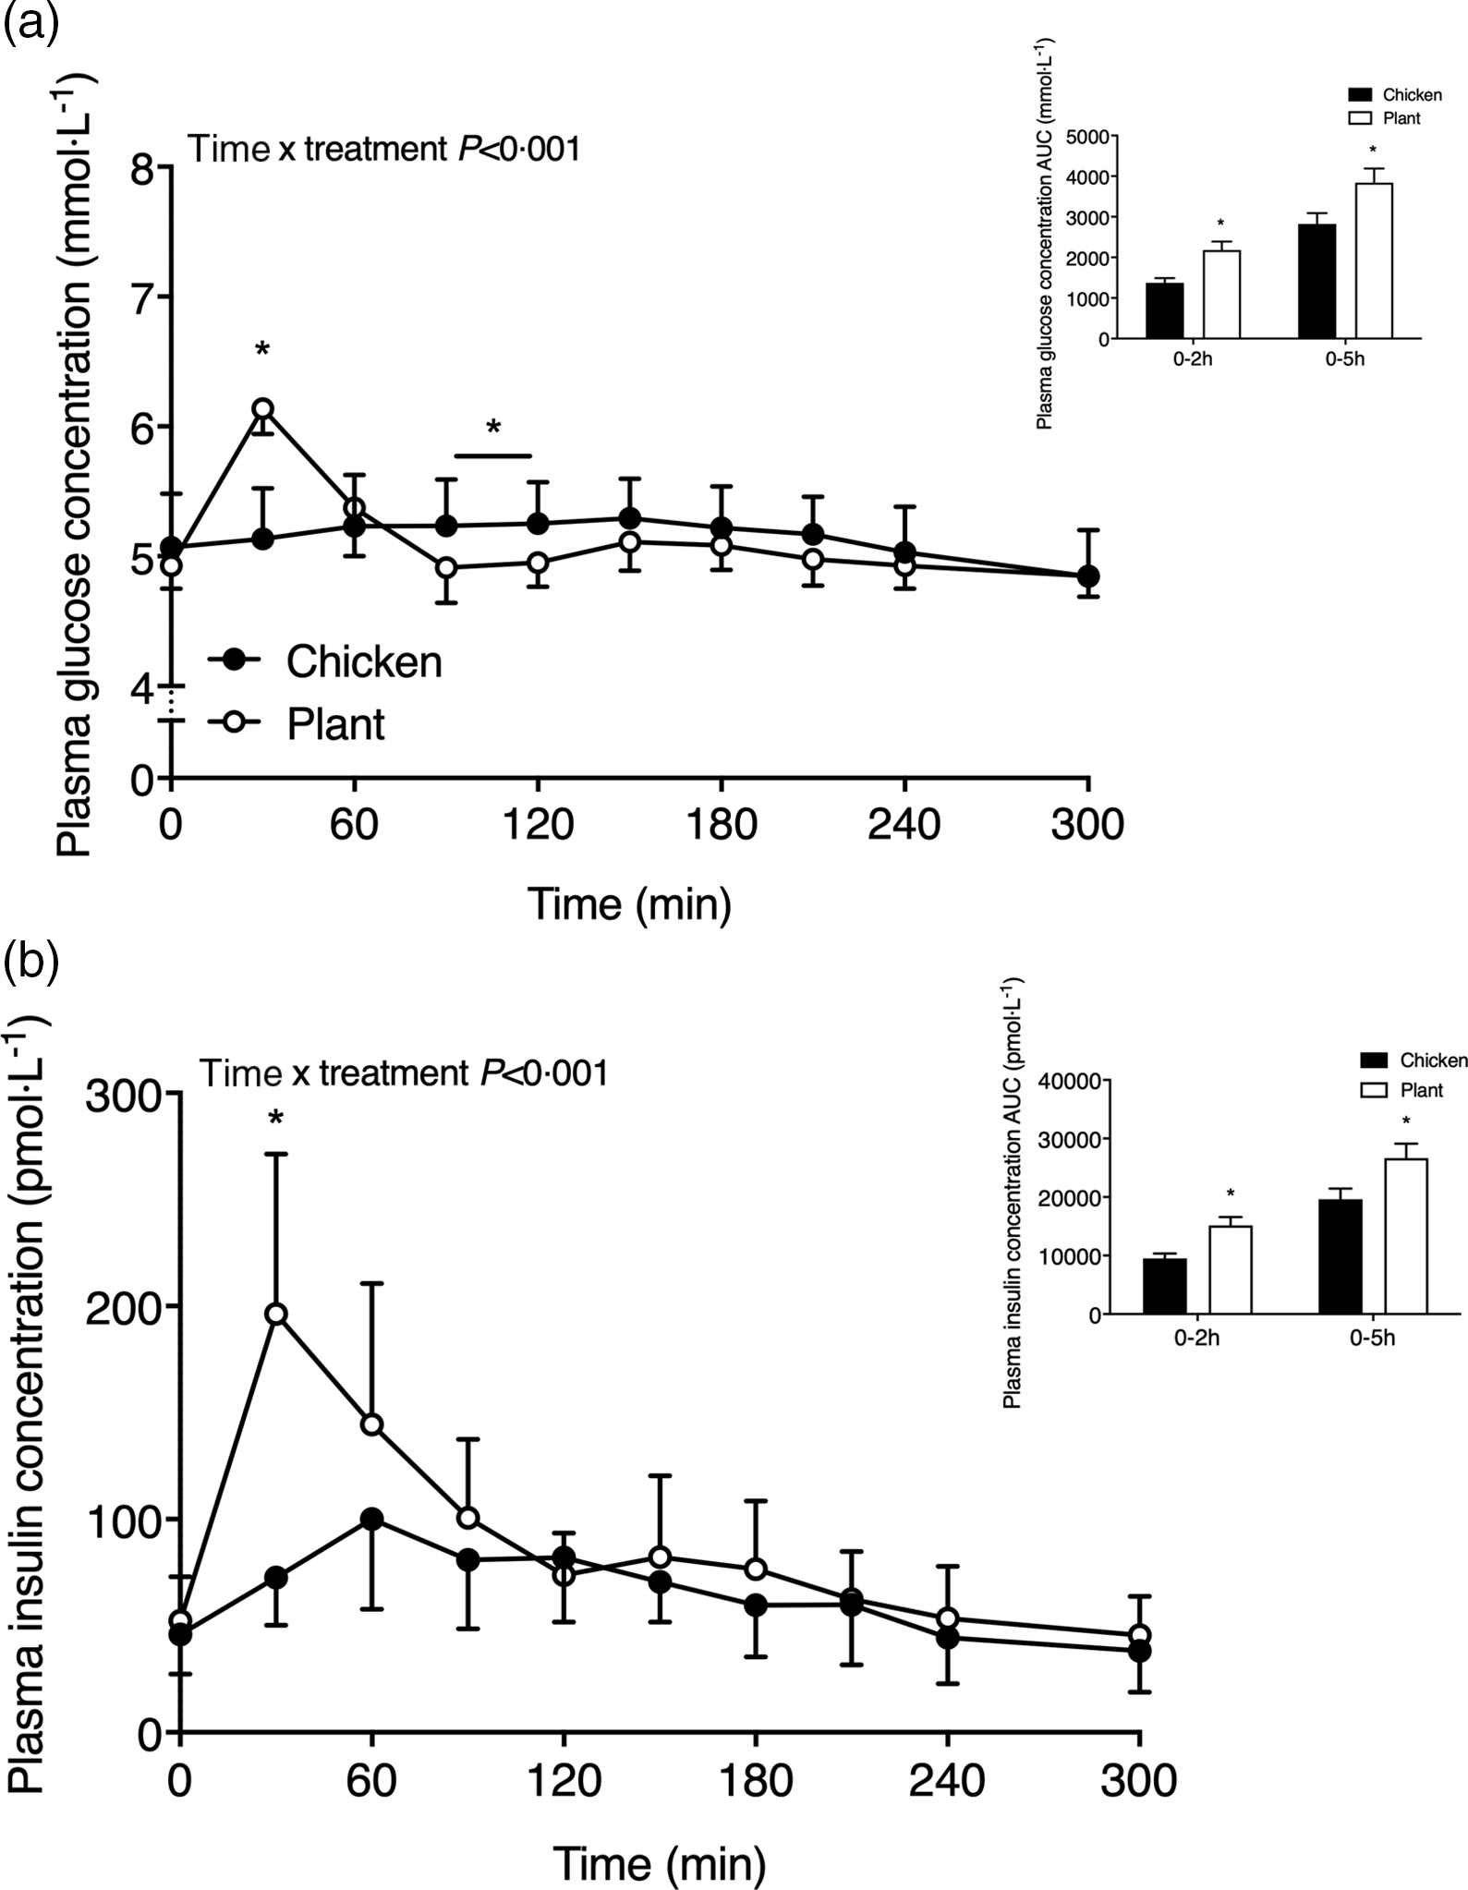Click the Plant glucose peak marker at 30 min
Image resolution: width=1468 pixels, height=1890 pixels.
(x=262, y=408)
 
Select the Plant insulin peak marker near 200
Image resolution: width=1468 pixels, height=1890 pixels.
(x=275, y=1314)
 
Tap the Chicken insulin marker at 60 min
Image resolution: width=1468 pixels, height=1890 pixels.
(x=371, y=1519)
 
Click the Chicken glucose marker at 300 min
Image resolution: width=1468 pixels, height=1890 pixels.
(x=1088, y=575)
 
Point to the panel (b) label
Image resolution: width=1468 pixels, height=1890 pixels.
(x=31, y=962)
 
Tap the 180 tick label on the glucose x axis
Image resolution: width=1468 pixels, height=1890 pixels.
(x=721, y=823)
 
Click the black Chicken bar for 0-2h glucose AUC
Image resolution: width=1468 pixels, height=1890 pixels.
(x=1164, y=310)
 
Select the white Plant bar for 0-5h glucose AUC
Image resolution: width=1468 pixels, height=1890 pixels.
(x=1373, y=261)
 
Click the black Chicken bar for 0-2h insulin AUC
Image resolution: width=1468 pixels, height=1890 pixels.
(x=1164, y=1285)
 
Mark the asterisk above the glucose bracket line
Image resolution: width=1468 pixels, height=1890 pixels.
(x=493, y=428)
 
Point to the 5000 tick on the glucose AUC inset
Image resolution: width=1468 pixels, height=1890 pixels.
(x=1086, y=137)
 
